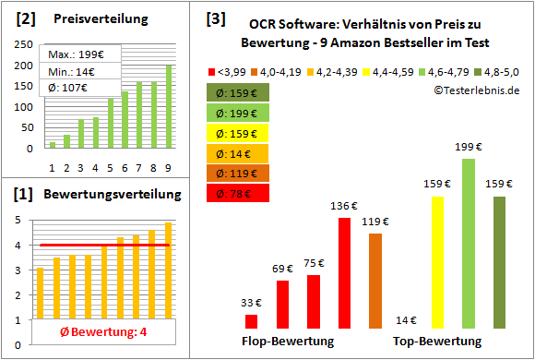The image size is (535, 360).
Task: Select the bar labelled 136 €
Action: click(344, 273)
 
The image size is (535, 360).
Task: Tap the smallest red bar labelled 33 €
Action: click(251, 321)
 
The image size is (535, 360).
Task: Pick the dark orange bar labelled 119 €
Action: click(374, 281)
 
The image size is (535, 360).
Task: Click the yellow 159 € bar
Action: click(437, 262)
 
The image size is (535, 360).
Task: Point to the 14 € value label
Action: click(406, 320)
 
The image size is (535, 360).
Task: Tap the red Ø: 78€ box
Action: click(238, 193)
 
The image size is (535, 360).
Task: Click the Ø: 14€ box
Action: click(238, 153)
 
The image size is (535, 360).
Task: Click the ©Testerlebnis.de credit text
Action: click(476, 90)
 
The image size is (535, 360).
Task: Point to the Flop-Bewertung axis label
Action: click(288, 342)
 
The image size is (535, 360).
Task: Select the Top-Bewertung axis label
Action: click(437, 342)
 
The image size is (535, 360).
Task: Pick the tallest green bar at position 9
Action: click(168, 106)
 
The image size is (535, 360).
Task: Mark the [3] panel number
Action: click(215, 18)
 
